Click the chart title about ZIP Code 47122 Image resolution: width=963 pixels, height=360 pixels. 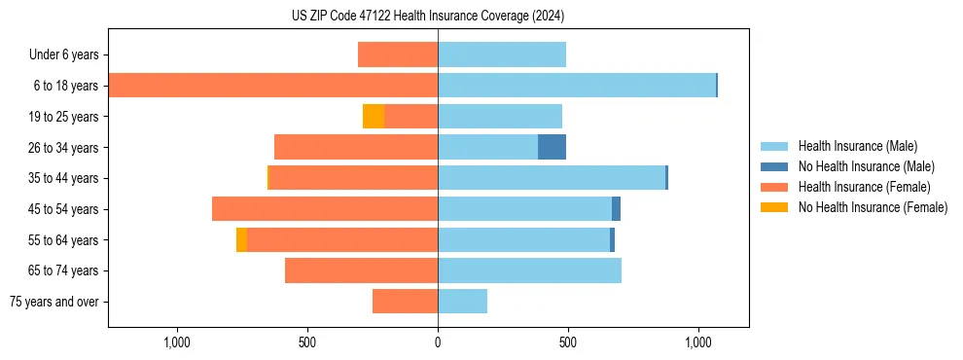(x=427, y=17)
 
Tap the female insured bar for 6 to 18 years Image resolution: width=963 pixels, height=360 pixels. (x=273, y=86)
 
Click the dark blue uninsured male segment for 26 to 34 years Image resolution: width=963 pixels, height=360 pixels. (x=552, y=147)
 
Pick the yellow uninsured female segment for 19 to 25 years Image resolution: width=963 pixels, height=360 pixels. (x=374, y=117)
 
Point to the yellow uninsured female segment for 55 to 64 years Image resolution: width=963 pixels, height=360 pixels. (x=241, y=240)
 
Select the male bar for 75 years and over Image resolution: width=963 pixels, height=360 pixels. (x=462, y=302)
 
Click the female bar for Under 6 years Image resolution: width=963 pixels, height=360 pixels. (x=398, y=54)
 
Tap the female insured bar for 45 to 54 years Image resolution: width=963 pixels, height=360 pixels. (x=325, y=209)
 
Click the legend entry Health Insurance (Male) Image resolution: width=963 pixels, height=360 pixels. (x=857, y=146)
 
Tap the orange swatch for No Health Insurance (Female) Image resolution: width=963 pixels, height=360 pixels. (x=774, y=207)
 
